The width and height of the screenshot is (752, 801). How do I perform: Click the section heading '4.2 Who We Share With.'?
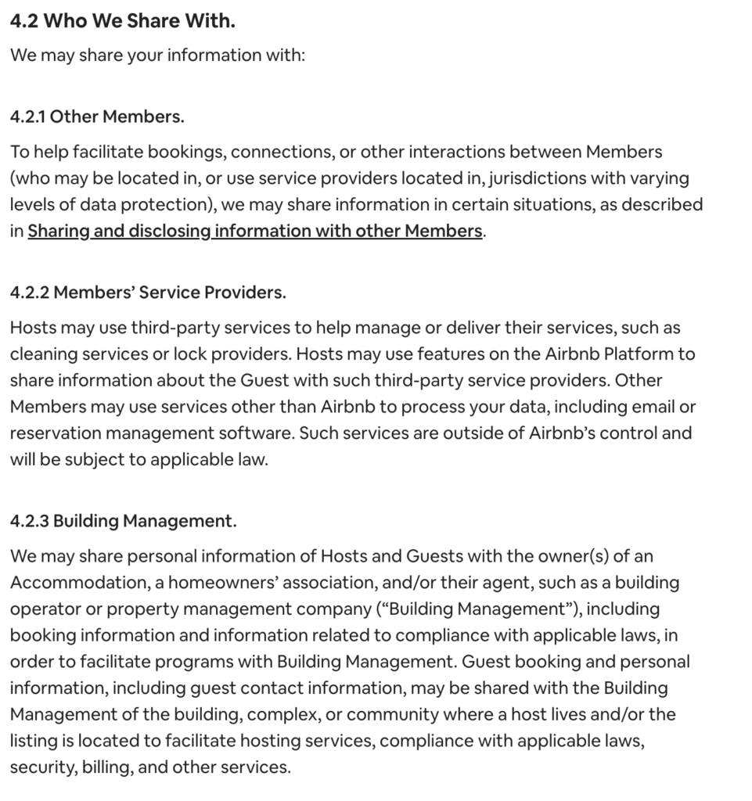[122, 21]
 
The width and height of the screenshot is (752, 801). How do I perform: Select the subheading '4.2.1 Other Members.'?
[97, 117]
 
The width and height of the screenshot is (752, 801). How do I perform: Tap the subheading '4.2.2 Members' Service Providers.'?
[148, 293]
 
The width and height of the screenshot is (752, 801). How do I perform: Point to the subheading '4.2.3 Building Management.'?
[123, 521]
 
